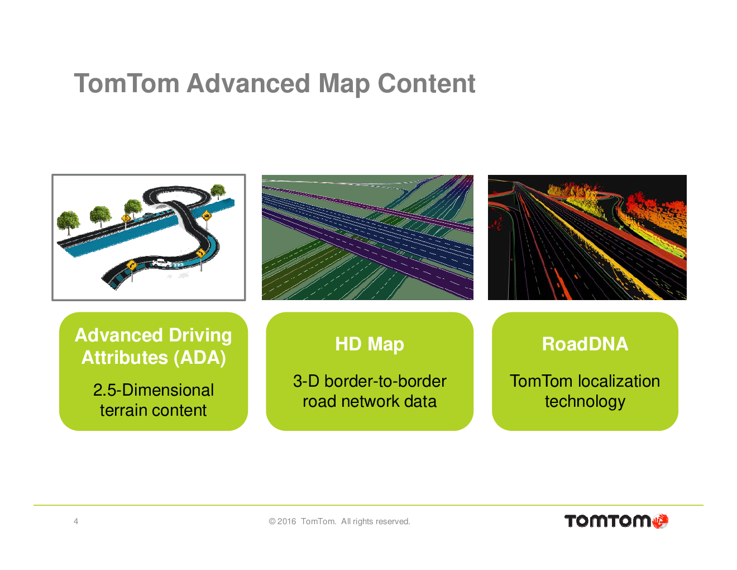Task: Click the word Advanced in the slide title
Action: point(248,83)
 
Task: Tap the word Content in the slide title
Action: point(427,83)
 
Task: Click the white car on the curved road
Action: point(162,263)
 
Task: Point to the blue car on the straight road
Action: point(147,215)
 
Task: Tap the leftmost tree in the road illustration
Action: point(68,222)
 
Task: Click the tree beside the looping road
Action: point(218,192)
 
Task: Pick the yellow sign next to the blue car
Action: point(126,218)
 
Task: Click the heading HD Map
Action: point(370,344)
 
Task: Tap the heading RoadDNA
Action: point(585,344)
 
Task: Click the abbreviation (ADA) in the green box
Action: point(200,358)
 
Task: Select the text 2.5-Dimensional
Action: point(154,389)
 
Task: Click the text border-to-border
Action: point(385,381)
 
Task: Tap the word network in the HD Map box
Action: point(370,401)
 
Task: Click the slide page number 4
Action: point(76,521)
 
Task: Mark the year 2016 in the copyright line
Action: point(286,521)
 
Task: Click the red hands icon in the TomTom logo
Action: point(660,521)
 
